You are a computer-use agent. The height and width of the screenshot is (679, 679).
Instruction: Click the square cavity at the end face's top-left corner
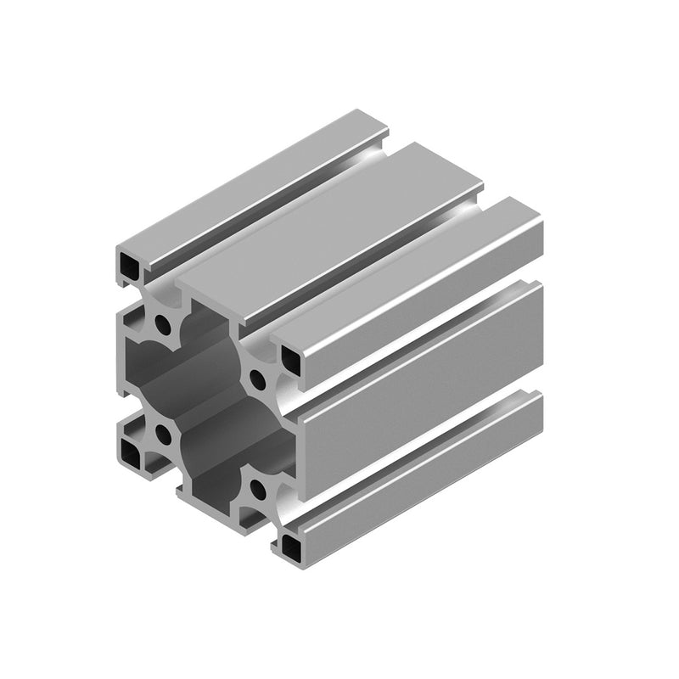(129, 268)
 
